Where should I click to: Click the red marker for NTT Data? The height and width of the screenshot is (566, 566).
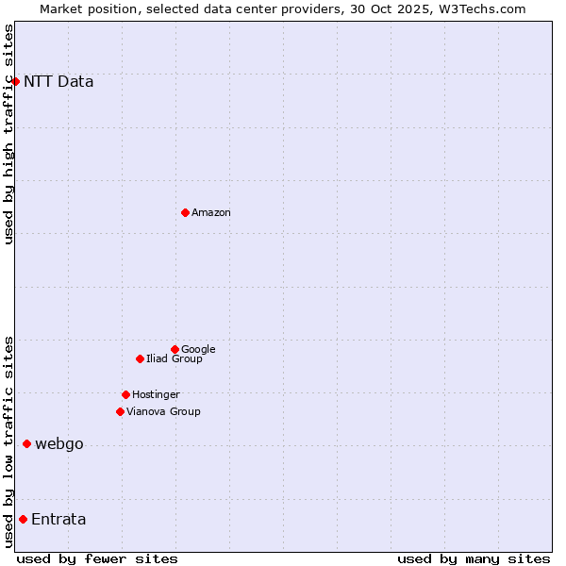click(x=16, y=81)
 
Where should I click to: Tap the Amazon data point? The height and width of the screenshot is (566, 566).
click(x=185, y=212)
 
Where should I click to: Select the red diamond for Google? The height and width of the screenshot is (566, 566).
click(x=175, y=349)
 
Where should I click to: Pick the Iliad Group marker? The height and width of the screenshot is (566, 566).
click(x=140, y=358)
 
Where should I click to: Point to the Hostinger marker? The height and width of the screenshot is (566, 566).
click(x=125, y=394)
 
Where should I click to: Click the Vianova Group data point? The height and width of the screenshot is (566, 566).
click(x=120, y=411)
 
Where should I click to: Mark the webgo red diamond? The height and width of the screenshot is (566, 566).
click(x=26, y=443)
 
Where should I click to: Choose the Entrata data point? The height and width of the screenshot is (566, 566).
click(x=23, y=519)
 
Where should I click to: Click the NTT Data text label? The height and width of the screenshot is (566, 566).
click(x=58, y=81)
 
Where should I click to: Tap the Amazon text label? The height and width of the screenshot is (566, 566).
click(x=211, y=213)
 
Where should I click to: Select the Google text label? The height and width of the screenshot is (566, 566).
click(x=198, y=349)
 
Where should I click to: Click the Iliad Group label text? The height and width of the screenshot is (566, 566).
click(x=175, y=358)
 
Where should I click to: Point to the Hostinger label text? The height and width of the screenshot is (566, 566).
click(x=156, y=394)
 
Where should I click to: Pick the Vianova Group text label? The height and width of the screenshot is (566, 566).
click(x=163, y=411)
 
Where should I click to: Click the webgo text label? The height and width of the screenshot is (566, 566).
click(x=59, y=444)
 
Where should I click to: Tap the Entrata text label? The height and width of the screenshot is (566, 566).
click(x=58, y=520)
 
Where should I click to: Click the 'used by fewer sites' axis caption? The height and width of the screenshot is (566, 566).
click(x=97, y=558)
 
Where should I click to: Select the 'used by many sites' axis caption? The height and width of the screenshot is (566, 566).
click(x=474, y=558)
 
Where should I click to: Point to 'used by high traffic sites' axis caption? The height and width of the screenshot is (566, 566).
click(x=8, y=134)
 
